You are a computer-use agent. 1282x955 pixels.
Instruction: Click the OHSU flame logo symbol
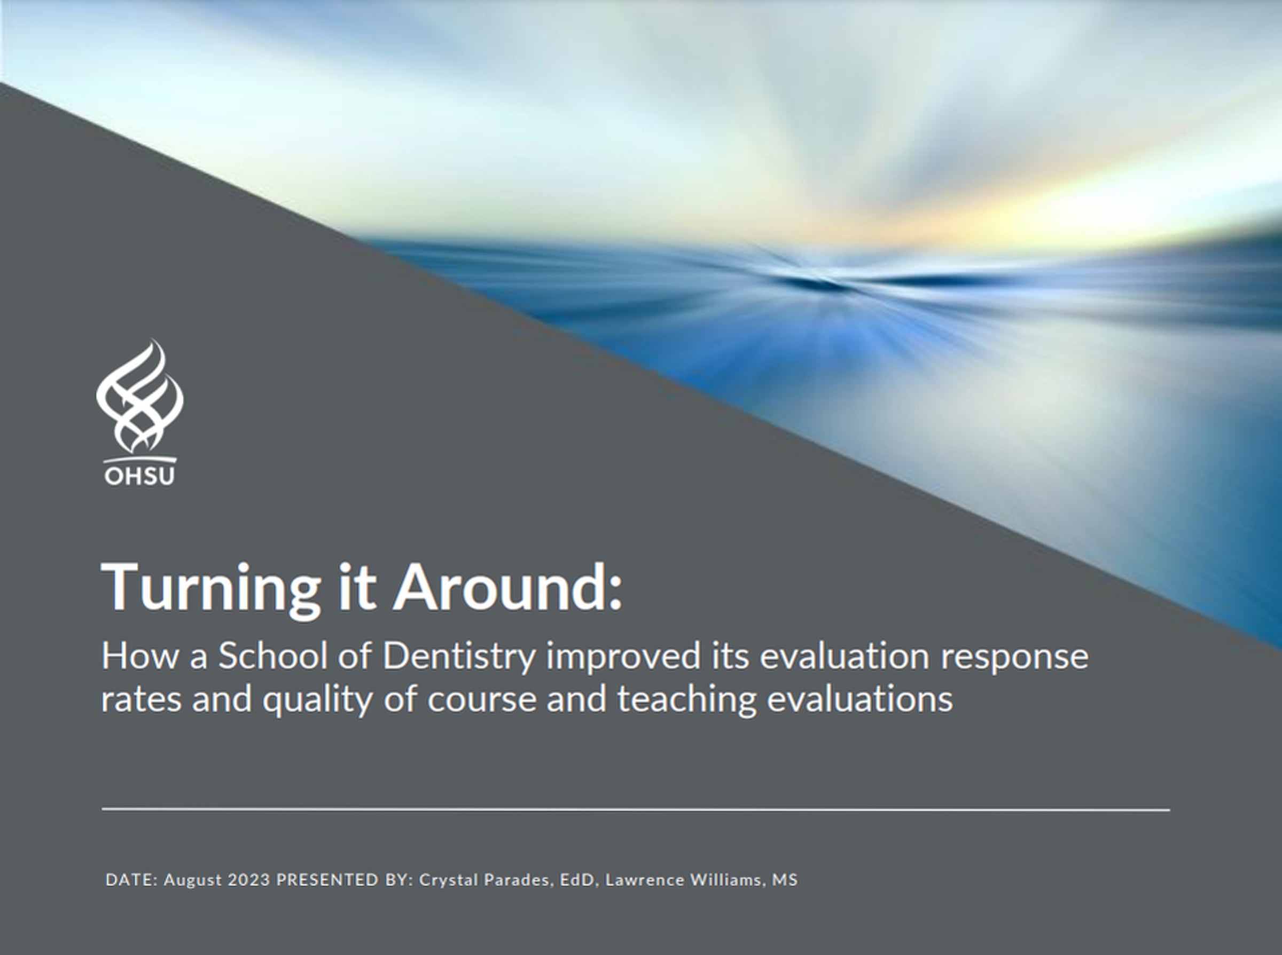(x=139, y=397)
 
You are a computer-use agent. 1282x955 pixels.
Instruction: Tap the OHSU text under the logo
(x=139, y=476)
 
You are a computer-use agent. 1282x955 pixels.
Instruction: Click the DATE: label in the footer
(x=131, y=880)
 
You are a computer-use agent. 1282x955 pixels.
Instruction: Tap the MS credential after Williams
(x=785, y=880)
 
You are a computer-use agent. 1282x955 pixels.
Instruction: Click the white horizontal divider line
(x=636, y=809)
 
